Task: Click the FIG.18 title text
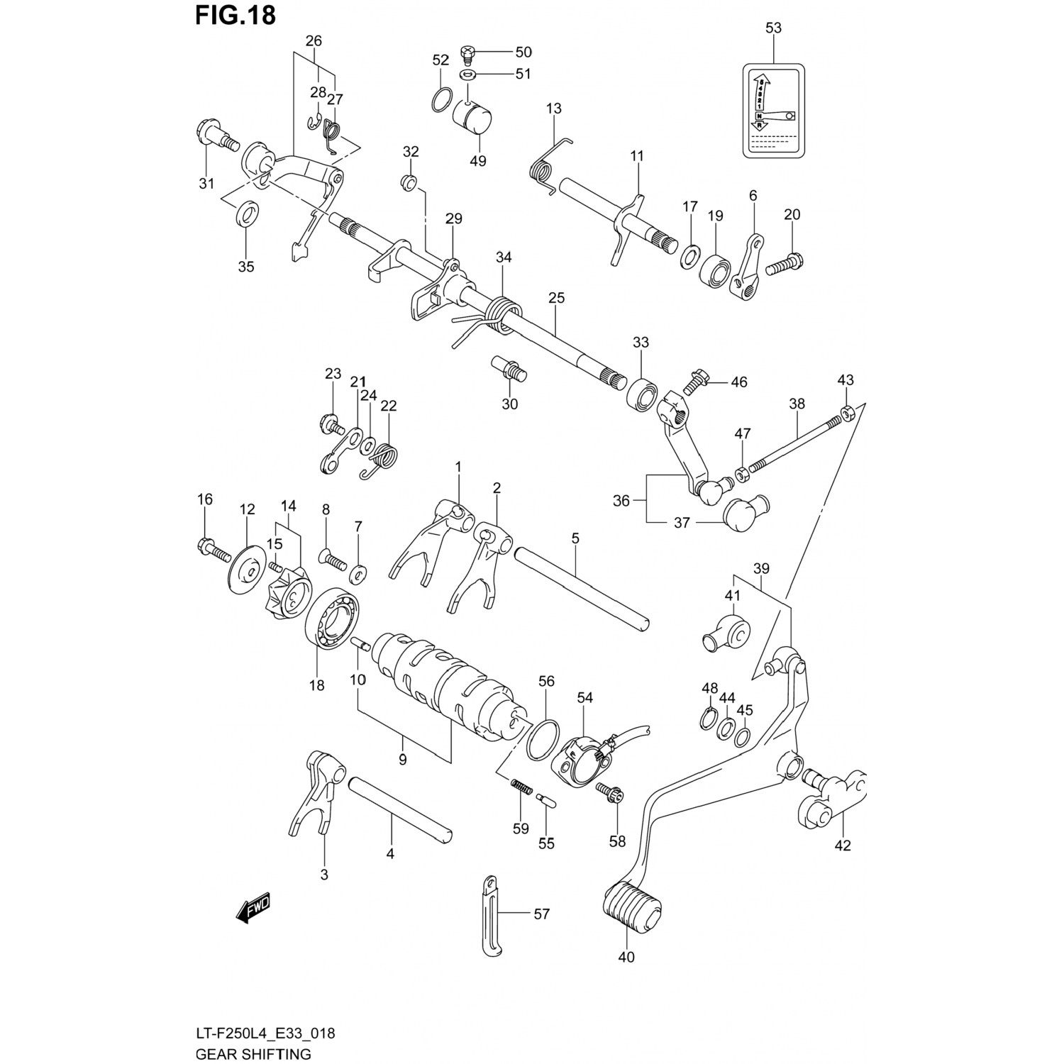point(235,15)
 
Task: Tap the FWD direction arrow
point(253,907)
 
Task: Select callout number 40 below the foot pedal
point(626,957)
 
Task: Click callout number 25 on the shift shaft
point(556,298)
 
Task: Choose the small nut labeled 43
point(846,412)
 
